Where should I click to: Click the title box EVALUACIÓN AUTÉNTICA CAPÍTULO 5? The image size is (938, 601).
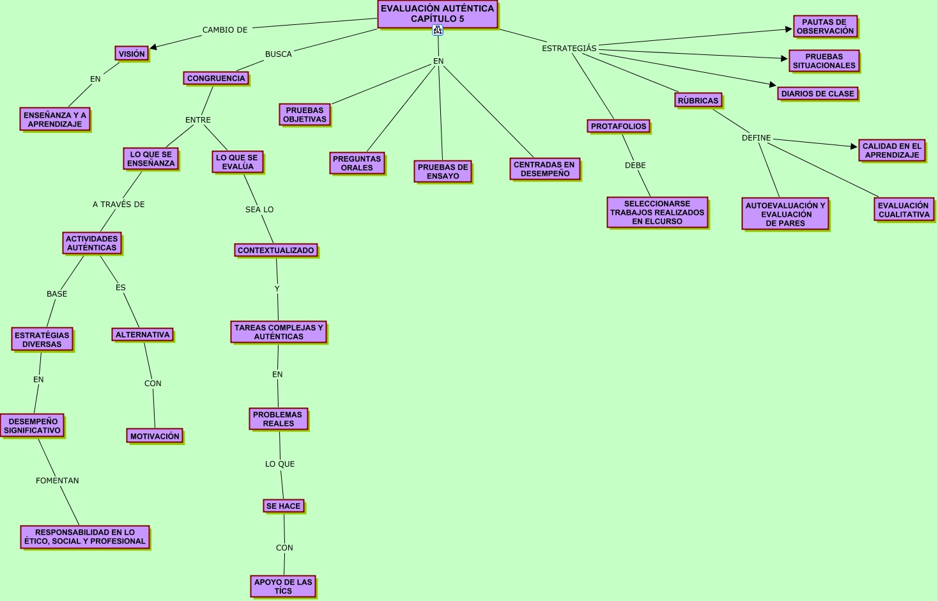[x=437, y=14]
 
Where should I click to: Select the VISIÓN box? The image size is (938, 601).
[x=132, y=54]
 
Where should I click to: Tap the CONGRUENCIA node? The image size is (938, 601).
[x=216, y=79]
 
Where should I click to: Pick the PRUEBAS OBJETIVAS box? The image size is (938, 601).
[x=305, y=115]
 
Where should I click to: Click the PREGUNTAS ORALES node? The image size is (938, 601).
[x=357, y=164]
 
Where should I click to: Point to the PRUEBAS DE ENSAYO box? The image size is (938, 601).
[x=443, y=172]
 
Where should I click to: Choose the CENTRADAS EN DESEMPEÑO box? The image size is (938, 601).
[x=544, y=169]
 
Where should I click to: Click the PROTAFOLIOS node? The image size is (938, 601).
[x=619, y=127]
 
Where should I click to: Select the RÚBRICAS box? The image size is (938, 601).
[x=698, y=101]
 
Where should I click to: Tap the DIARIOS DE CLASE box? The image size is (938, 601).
[x=817, y=94]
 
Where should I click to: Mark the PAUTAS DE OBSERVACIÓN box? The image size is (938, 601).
[x=825, y=27]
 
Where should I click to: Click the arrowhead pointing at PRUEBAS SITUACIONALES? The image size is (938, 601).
[x=785, y=59]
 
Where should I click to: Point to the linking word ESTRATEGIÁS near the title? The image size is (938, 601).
[x=569, y=49]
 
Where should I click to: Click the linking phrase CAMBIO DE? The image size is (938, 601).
[x=225, y=30]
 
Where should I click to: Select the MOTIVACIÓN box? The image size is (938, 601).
[x=155, y=437]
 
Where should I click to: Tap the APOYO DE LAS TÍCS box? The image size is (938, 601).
[x=283, y=587]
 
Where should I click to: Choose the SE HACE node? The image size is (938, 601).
[x=283, y=506]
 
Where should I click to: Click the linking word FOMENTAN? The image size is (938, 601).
[x=58, y=481]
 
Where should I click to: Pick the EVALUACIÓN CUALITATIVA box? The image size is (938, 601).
[x=903, y=210]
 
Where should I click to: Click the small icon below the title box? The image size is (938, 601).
[x=438, y=31]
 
